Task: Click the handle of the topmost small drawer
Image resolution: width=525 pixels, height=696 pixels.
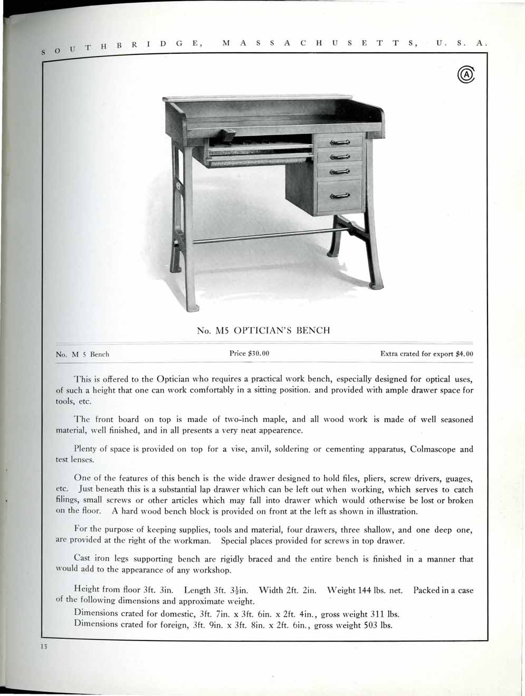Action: (340, 142)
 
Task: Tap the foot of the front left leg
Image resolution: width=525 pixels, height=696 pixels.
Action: (194, 307)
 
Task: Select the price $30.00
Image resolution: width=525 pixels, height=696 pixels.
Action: (250, 353)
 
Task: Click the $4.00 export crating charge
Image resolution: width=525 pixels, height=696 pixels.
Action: (464, 354)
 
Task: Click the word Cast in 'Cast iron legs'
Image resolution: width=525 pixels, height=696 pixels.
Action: (84, 559)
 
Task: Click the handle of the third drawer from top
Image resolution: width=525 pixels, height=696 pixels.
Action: (340, 171)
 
